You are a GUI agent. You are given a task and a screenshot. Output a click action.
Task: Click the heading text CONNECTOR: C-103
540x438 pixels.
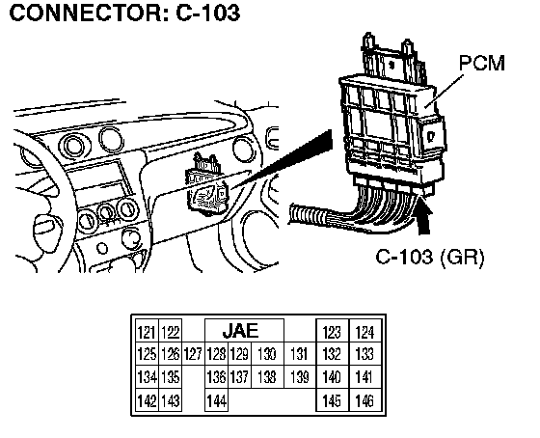(x=124, y=13)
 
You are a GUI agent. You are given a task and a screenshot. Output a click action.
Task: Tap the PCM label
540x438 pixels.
(x=482, y=63)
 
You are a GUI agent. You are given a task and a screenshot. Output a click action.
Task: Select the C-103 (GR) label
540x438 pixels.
(x=430, y=257)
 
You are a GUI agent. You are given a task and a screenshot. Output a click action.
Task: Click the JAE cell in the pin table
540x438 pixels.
(x=244, y=331)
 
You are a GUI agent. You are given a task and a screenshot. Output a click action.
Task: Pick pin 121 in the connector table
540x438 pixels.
(x=147, y=331)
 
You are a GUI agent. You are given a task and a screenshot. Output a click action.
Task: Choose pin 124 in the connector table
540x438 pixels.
(x=365, y=331)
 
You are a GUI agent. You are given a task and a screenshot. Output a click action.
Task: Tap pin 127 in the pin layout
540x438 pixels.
(x=193, y=354)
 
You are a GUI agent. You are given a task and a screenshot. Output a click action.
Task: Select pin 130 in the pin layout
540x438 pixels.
(x=267, y=354)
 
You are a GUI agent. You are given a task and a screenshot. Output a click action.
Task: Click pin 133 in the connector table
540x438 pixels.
(x=365, y=354)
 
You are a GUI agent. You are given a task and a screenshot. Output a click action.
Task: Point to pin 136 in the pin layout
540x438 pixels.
(x=216, y=376)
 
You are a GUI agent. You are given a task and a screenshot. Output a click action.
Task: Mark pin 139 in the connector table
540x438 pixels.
(x=300, y=376)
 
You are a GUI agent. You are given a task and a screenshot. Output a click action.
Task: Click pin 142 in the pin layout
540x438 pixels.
(x=147, y=400)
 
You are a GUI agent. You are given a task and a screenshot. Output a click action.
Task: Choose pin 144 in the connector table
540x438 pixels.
(x=216, y=400)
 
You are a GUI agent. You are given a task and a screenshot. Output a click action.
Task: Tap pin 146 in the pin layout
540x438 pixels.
(x=365, y=400)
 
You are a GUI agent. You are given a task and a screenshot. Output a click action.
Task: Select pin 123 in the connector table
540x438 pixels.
(x=333, y=331)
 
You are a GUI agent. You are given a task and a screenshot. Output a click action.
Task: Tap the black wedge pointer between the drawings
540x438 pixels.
(x=283, y=158)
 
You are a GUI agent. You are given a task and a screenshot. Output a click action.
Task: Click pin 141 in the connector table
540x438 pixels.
(x=365, y=376)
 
